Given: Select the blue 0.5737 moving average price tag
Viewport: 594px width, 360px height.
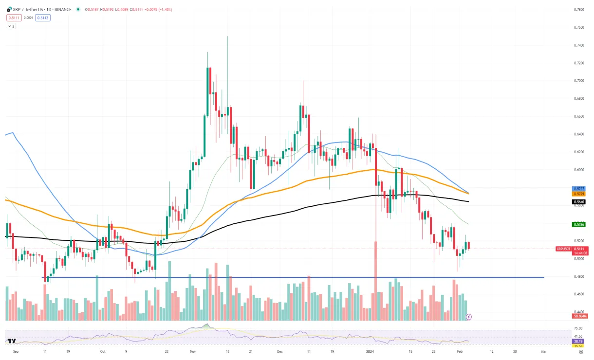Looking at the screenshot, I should (x=578, y=189).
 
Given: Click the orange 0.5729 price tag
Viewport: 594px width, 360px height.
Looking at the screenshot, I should (x=578, y=194).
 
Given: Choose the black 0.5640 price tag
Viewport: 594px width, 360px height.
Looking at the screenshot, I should (x=578, y=201).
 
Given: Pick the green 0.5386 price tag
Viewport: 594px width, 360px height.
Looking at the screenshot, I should (x=578, y=225).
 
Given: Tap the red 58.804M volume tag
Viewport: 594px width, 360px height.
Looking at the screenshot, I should (x=581, y=316).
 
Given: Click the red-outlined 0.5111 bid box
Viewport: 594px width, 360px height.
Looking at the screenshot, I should (x=13, y=18).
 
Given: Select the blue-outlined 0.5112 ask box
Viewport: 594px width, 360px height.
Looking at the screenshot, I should (x=42, y=18).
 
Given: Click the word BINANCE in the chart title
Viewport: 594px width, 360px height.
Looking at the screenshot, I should (x=63, y=9).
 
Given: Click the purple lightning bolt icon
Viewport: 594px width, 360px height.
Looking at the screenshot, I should (x=469, y=317).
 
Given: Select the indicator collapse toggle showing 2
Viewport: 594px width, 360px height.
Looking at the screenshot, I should (x=11, y=26).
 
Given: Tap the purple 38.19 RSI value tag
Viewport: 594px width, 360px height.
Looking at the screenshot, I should (x=578, y=342).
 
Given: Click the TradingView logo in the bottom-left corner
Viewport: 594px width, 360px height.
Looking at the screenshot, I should (x=11, y=342).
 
